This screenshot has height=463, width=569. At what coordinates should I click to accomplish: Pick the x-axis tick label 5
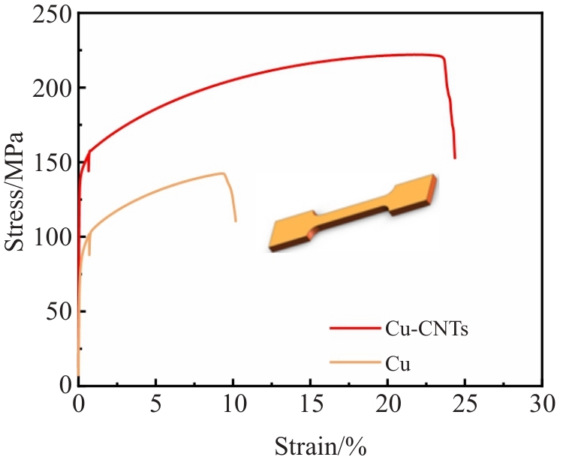click(x=155, y=406)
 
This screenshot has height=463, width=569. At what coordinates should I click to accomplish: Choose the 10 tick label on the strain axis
click(x=233, y=406)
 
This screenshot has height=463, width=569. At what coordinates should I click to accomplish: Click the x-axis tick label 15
click(x=310, y=406)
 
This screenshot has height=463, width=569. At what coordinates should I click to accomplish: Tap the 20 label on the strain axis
click(x=387, y=406)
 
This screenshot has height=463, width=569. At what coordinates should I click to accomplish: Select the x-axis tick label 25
click(x=465, y=406)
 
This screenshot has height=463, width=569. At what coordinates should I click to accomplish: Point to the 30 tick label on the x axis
click(x=542, y=406)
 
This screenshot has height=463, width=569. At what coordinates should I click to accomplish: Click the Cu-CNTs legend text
click(x=426, y=328)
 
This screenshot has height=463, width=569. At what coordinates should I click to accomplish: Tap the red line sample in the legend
click(x=353, y=328)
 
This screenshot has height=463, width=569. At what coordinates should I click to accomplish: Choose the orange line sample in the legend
click(x=353, y=363)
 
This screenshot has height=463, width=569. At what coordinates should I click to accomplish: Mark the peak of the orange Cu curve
click(x=222, y=173)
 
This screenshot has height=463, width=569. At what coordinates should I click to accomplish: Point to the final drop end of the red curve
click(x=455, y=158)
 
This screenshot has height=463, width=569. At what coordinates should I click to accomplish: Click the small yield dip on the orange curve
click(x=89, y=254)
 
